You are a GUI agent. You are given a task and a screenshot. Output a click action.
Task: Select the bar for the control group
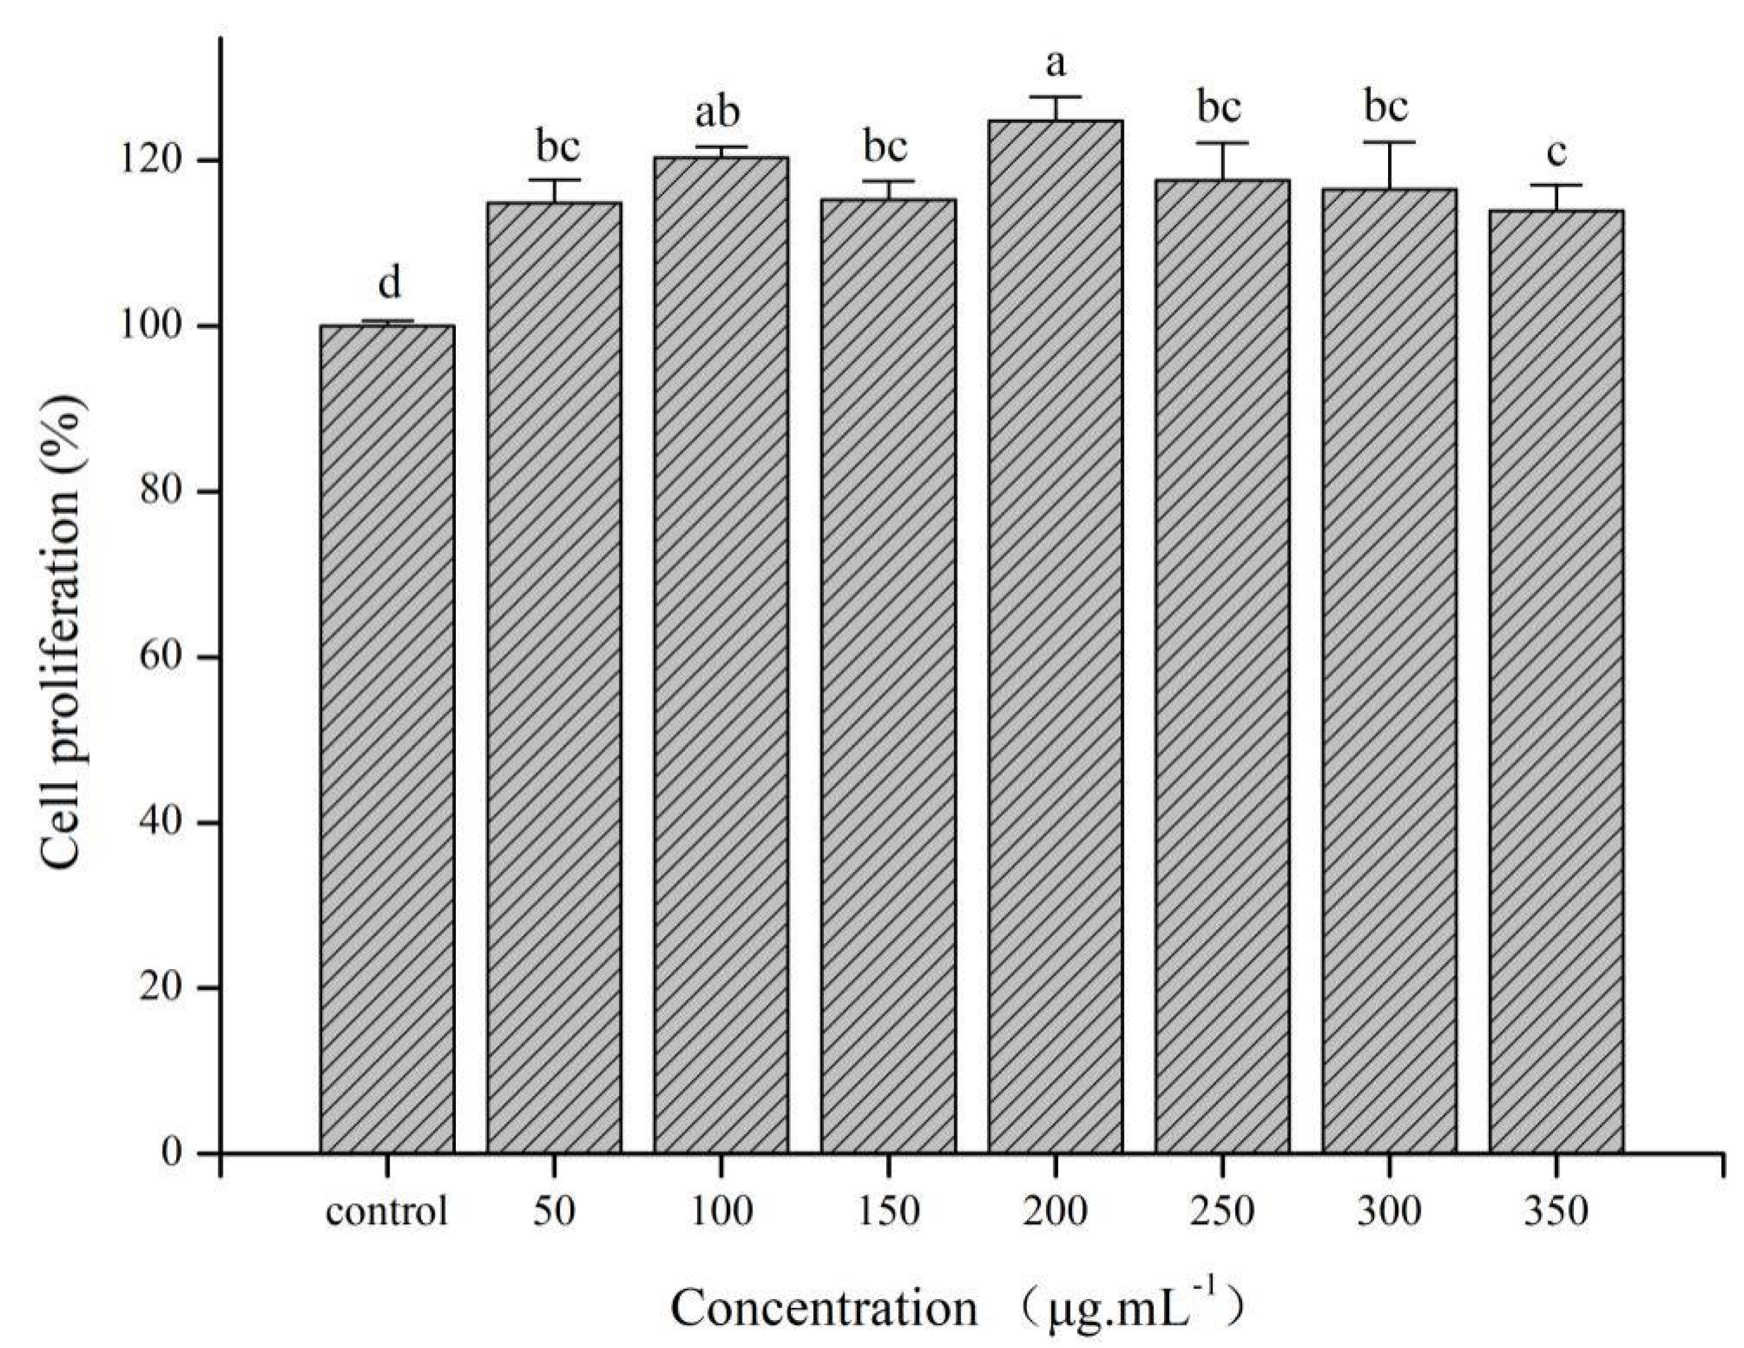point(386,739)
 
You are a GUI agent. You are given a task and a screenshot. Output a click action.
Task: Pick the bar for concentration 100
point(721,655)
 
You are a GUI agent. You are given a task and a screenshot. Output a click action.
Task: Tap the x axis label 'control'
point(386,1212)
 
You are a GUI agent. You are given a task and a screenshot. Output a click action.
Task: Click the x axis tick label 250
point(1222,1212)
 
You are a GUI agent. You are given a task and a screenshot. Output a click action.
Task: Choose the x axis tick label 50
point(553,1212)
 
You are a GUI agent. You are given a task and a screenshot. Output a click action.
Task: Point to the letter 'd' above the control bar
point(388,283)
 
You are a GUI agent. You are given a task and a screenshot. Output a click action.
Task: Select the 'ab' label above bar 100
point(718,113)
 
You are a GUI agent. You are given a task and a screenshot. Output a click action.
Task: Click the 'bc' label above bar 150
point(886,147)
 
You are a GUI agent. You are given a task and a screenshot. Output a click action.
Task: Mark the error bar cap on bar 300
point(1389,142)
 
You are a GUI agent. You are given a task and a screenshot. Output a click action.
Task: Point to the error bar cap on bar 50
point(553,180)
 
